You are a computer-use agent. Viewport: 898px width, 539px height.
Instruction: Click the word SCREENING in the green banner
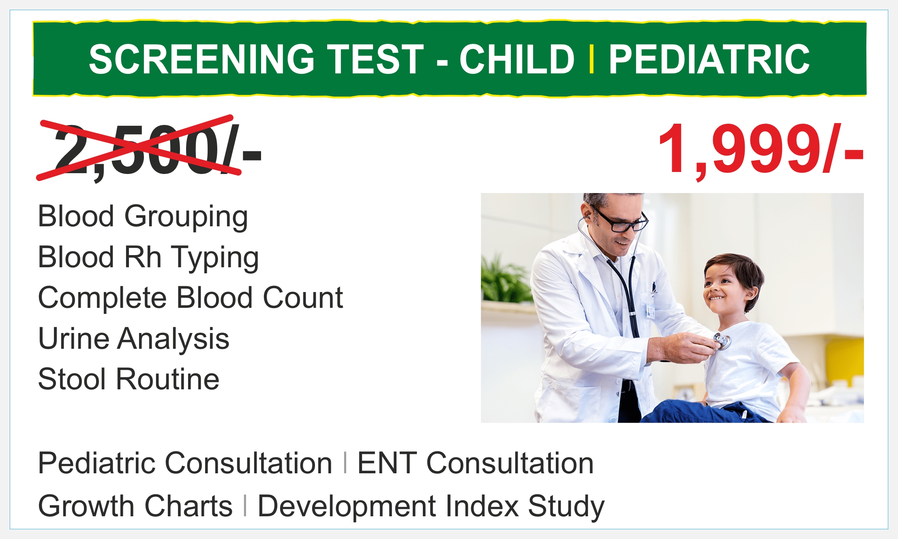[x=201, y=59]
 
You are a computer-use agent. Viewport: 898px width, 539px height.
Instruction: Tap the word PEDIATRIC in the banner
[x=709, y=59]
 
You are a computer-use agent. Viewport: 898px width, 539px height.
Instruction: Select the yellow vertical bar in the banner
[x=592, y=59]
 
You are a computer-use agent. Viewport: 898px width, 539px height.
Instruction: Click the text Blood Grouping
[x=143, y=217]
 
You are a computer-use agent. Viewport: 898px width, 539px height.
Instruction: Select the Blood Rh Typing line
[x=148, y=258]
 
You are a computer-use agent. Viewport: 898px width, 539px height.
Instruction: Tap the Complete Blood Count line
[x=191, y=298]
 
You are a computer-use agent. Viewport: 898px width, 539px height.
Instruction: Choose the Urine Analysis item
[x=134, y=339]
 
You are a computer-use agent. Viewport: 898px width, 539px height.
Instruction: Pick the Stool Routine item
[x=129, y=379]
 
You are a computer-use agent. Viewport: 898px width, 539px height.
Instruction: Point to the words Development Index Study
[x=431, y=507]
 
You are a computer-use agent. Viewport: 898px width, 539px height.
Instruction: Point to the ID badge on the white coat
[x=650, y=311]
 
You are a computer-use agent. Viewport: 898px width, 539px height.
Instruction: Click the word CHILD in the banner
[x=517, y=59]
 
